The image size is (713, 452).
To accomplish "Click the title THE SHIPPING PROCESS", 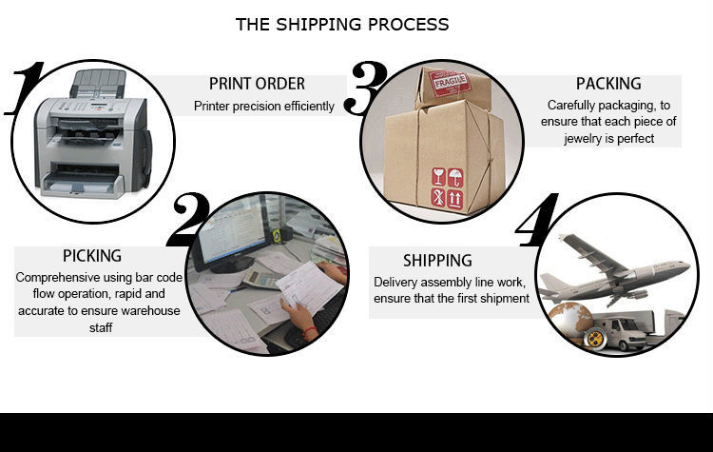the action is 342,25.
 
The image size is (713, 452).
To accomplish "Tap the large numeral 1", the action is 26,88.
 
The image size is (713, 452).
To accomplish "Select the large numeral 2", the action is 189,220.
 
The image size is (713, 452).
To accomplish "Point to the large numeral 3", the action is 366,88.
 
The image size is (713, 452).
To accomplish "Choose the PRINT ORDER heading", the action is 257,84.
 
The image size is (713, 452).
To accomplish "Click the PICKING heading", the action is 92,256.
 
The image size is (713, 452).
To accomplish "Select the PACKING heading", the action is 608,84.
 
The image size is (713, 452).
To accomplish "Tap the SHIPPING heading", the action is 437,261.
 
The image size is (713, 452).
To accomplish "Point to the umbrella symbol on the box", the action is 455,178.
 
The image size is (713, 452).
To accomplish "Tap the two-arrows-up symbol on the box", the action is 455,200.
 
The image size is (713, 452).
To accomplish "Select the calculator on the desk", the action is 262,279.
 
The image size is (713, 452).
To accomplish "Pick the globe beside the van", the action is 571,321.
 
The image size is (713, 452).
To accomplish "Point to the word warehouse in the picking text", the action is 150,311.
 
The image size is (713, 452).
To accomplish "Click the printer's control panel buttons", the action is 87,108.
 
